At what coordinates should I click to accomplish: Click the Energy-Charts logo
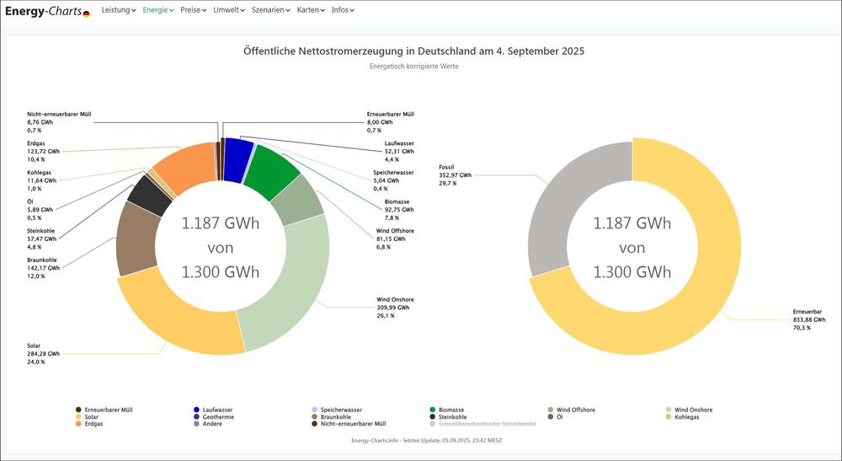point(47,11)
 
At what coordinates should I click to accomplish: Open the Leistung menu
point(118,10)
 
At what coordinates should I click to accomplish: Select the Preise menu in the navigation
point(194,10)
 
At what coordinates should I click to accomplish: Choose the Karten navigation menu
point(311,10)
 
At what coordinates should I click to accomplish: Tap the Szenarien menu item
point(270,10)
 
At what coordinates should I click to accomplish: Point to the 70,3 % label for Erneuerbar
point(802,327)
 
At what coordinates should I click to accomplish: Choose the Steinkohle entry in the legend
point(453,416)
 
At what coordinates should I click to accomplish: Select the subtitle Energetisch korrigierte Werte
point(413,66)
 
